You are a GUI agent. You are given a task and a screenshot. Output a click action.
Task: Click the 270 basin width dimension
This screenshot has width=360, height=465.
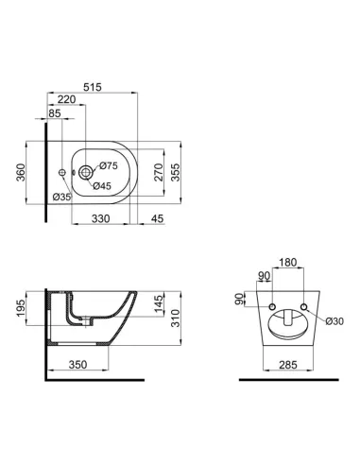[x=160, y=172]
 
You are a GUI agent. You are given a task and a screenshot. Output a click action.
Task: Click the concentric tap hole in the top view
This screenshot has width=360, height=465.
[x=86, y=172]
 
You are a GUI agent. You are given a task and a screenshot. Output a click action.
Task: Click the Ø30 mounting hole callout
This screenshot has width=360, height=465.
[x=332, y=320]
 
